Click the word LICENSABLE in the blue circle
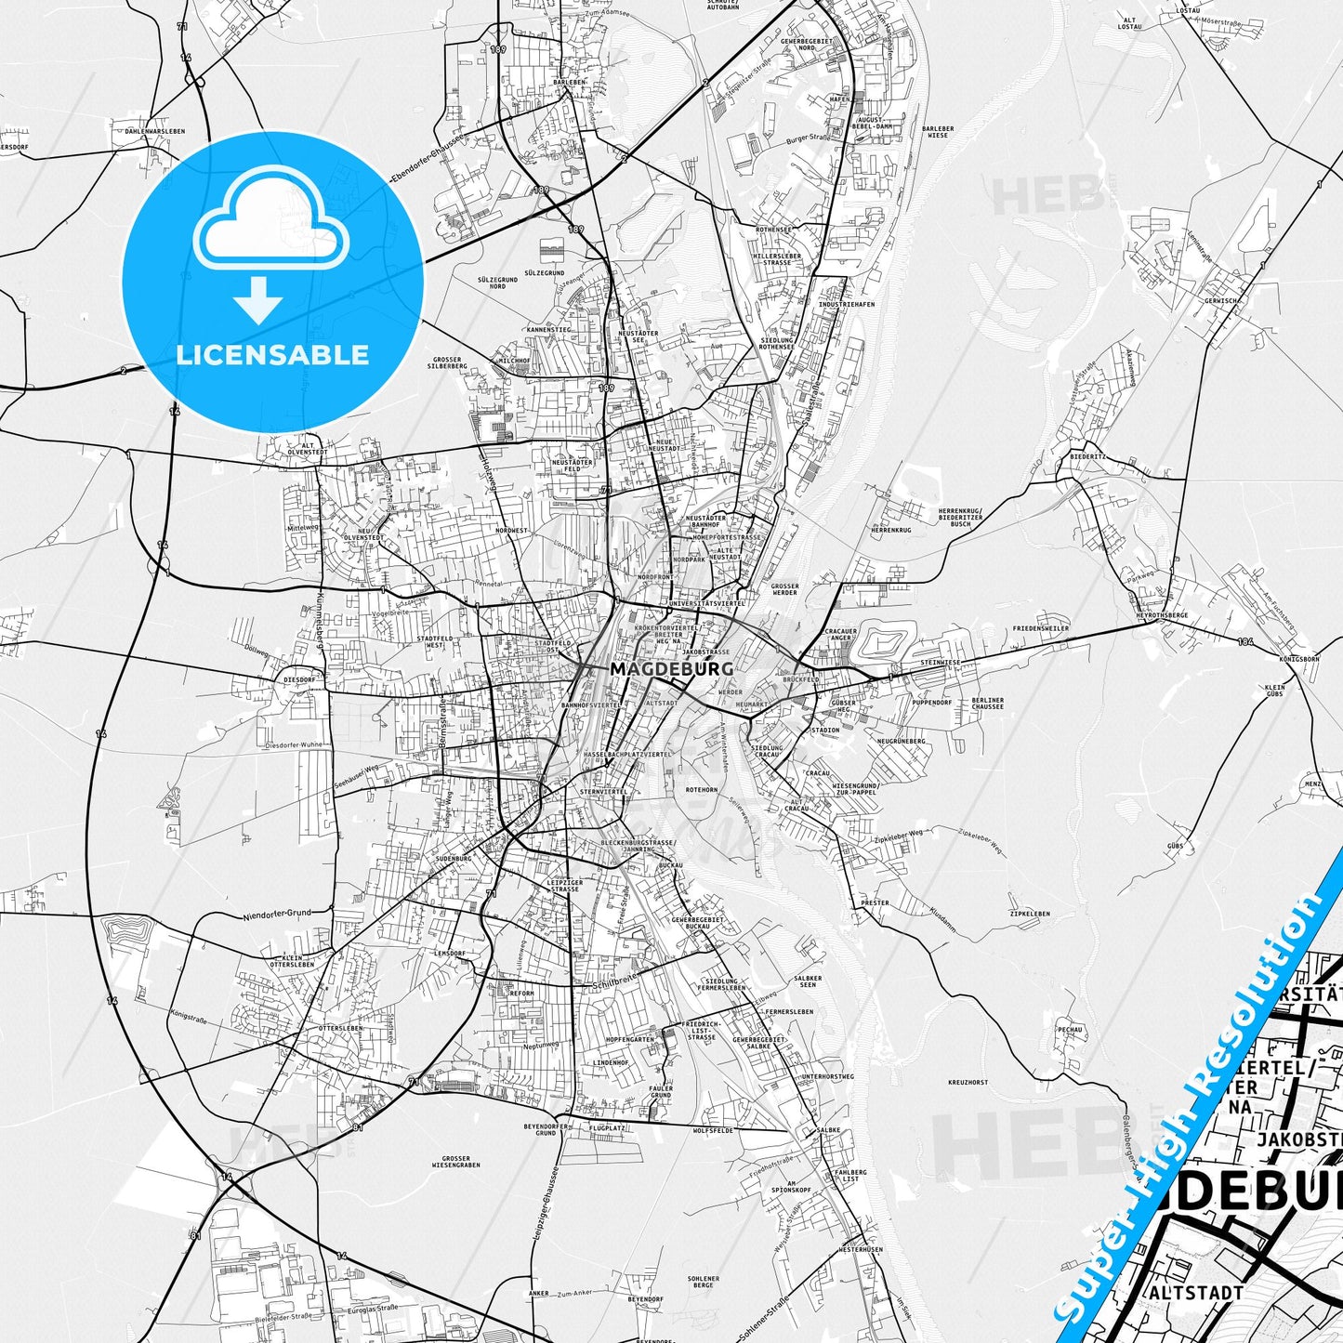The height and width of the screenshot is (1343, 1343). [x=272, y=354]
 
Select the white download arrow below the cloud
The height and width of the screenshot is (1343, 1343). [x=258, y=298]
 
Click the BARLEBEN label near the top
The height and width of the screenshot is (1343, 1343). [x=570, y=82]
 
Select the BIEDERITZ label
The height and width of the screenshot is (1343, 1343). [x=1087, y=457]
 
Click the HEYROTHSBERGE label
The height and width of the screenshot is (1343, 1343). [x=1162, y=615]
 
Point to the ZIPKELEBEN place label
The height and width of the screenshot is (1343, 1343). [x=1029, y=914]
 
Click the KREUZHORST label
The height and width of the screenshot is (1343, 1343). [x=968, y=1083]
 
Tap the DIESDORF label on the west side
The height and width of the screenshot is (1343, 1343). [x=300, y=679]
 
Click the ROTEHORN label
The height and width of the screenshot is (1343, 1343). [x=701, y=789]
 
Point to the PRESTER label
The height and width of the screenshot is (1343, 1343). [x=875, y=902]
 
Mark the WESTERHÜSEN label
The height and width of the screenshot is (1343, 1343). [x=860, y=1250]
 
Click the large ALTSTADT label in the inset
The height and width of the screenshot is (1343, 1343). [x=1195, y=1293]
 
